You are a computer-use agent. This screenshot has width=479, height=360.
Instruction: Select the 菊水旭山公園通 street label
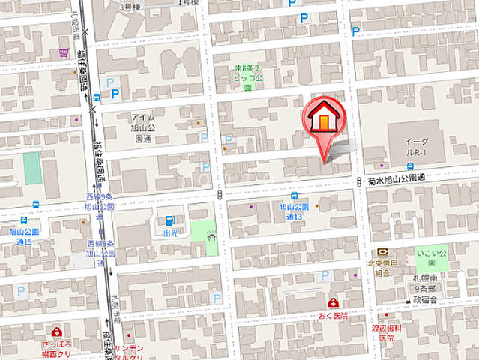[x=397, y=179]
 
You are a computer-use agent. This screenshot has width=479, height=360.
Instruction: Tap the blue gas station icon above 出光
[x=169, y=220]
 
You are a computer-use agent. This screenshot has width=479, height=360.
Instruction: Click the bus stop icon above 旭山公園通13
[x=293, y=196]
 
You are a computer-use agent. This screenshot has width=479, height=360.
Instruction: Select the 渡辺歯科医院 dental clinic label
[x=385, y=331]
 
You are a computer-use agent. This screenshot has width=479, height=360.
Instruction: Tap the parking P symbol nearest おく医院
[x=325, y=275]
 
